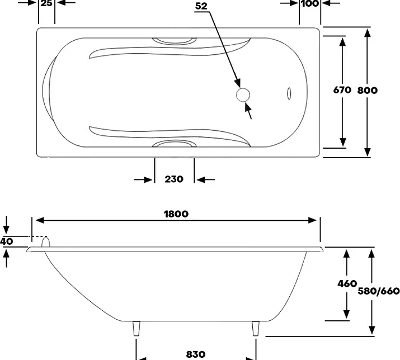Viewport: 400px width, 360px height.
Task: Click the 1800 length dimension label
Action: click(x=176, y=214)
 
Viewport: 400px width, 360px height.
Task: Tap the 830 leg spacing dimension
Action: click(x=196, y=354)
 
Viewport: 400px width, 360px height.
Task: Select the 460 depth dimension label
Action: click(x=347, y=283)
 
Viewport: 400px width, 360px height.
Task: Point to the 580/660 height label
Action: click(x=379, y=291)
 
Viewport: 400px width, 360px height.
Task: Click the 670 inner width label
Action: click(x=342, y=90)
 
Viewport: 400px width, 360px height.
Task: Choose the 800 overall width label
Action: click(x=368, y=90)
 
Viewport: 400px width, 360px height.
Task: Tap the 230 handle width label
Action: click(x=174, y=179)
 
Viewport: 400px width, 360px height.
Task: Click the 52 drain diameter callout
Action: click(x=201, y=6)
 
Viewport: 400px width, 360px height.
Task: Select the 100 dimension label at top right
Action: click(x=310, y=3)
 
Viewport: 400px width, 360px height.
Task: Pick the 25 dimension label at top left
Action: click(x=46, y=3)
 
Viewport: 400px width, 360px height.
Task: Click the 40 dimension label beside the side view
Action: click(x=6, y=241)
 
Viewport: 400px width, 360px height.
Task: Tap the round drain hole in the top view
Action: click(x=243, y=95)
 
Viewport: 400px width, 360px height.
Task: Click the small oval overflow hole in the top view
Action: click(x=289, y=93)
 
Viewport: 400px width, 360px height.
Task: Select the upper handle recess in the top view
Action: click(x=175, y=41)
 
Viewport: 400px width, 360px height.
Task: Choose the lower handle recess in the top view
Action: click(x=175, y=144)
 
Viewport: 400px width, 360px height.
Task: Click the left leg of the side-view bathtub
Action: click(x=137, y=328)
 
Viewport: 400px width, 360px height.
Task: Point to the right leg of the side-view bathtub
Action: click(x=256, y=328)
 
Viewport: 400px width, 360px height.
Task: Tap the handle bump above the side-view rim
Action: click(x=46, y=242)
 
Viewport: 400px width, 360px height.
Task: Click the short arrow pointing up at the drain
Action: click(x=248, y=111)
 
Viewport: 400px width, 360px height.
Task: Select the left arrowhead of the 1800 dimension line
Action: click(x=40, y=220)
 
